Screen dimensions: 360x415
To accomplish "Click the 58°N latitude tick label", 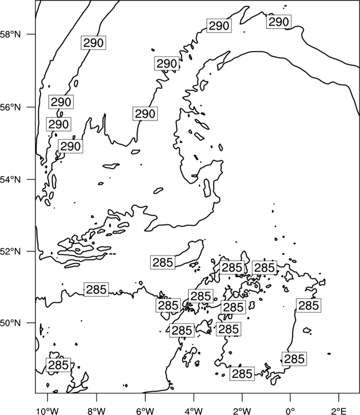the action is [x=10, y=34].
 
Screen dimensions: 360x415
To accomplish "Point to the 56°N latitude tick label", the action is [x=10, y=107].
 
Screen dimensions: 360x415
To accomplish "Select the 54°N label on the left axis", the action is [x=10, y=179].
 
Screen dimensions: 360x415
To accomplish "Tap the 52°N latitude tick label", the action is [x=10, y=251].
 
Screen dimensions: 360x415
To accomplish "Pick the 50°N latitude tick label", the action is [x=10, y=323].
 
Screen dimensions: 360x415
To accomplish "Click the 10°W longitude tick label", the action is [x=48, y=411].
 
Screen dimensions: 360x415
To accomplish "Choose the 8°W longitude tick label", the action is [x=96, y=411].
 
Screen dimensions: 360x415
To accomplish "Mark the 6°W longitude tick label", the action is [x=145, y=411].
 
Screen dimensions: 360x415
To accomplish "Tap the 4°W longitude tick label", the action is [x=194, y=411].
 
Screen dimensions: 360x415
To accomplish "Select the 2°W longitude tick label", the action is [x=242, y=411].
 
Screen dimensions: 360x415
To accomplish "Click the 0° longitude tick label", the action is [x=290, y=411].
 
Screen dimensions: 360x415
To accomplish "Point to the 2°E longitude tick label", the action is [x=339, y=411].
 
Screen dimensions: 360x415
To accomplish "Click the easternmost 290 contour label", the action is [x=279, y=22].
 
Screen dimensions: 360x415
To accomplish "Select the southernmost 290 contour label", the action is [x=70, y=146].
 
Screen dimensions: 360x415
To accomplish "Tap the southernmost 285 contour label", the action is [x=242, y=373].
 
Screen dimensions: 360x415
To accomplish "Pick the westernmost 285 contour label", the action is [x=59, y=365].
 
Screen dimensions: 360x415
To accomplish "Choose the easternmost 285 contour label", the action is [x=308, y=305].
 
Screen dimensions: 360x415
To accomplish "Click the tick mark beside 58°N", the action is [x=30, y=34].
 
